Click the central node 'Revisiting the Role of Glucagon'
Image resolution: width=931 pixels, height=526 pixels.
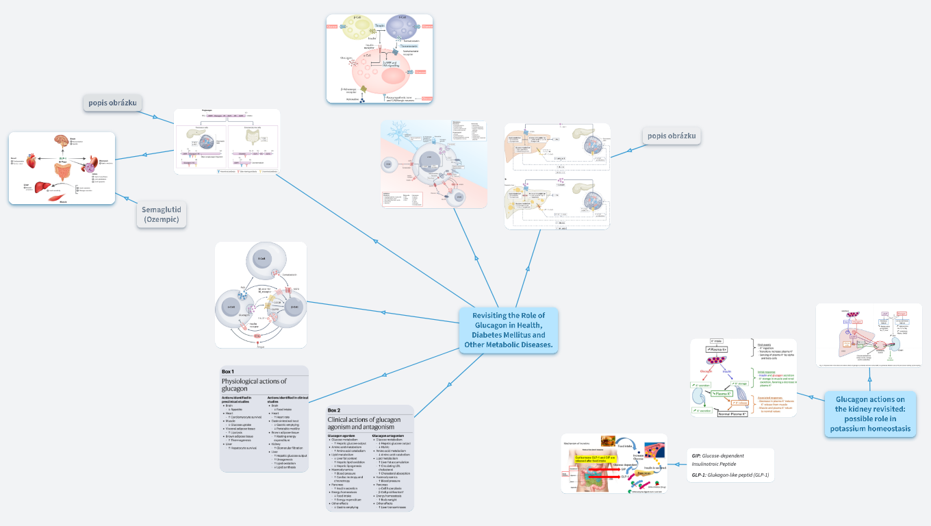pos(508,330)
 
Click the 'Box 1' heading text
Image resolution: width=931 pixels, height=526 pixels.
pos(228,371)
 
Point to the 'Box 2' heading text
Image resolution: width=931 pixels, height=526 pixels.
pos(334,410)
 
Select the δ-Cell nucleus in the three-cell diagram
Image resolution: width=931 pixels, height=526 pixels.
pos(260,259)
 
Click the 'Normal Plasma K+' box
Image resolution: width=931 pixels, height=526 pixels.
pos(732,413)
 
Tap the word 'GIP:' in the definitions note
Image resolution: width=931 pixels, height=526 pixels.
pos(697,455)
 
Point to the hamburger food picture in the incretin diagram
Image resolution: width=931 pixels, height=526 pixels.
pos(608,442)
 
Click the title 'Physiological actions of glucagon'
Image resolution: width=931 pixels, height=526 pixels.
pos(254,384)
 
